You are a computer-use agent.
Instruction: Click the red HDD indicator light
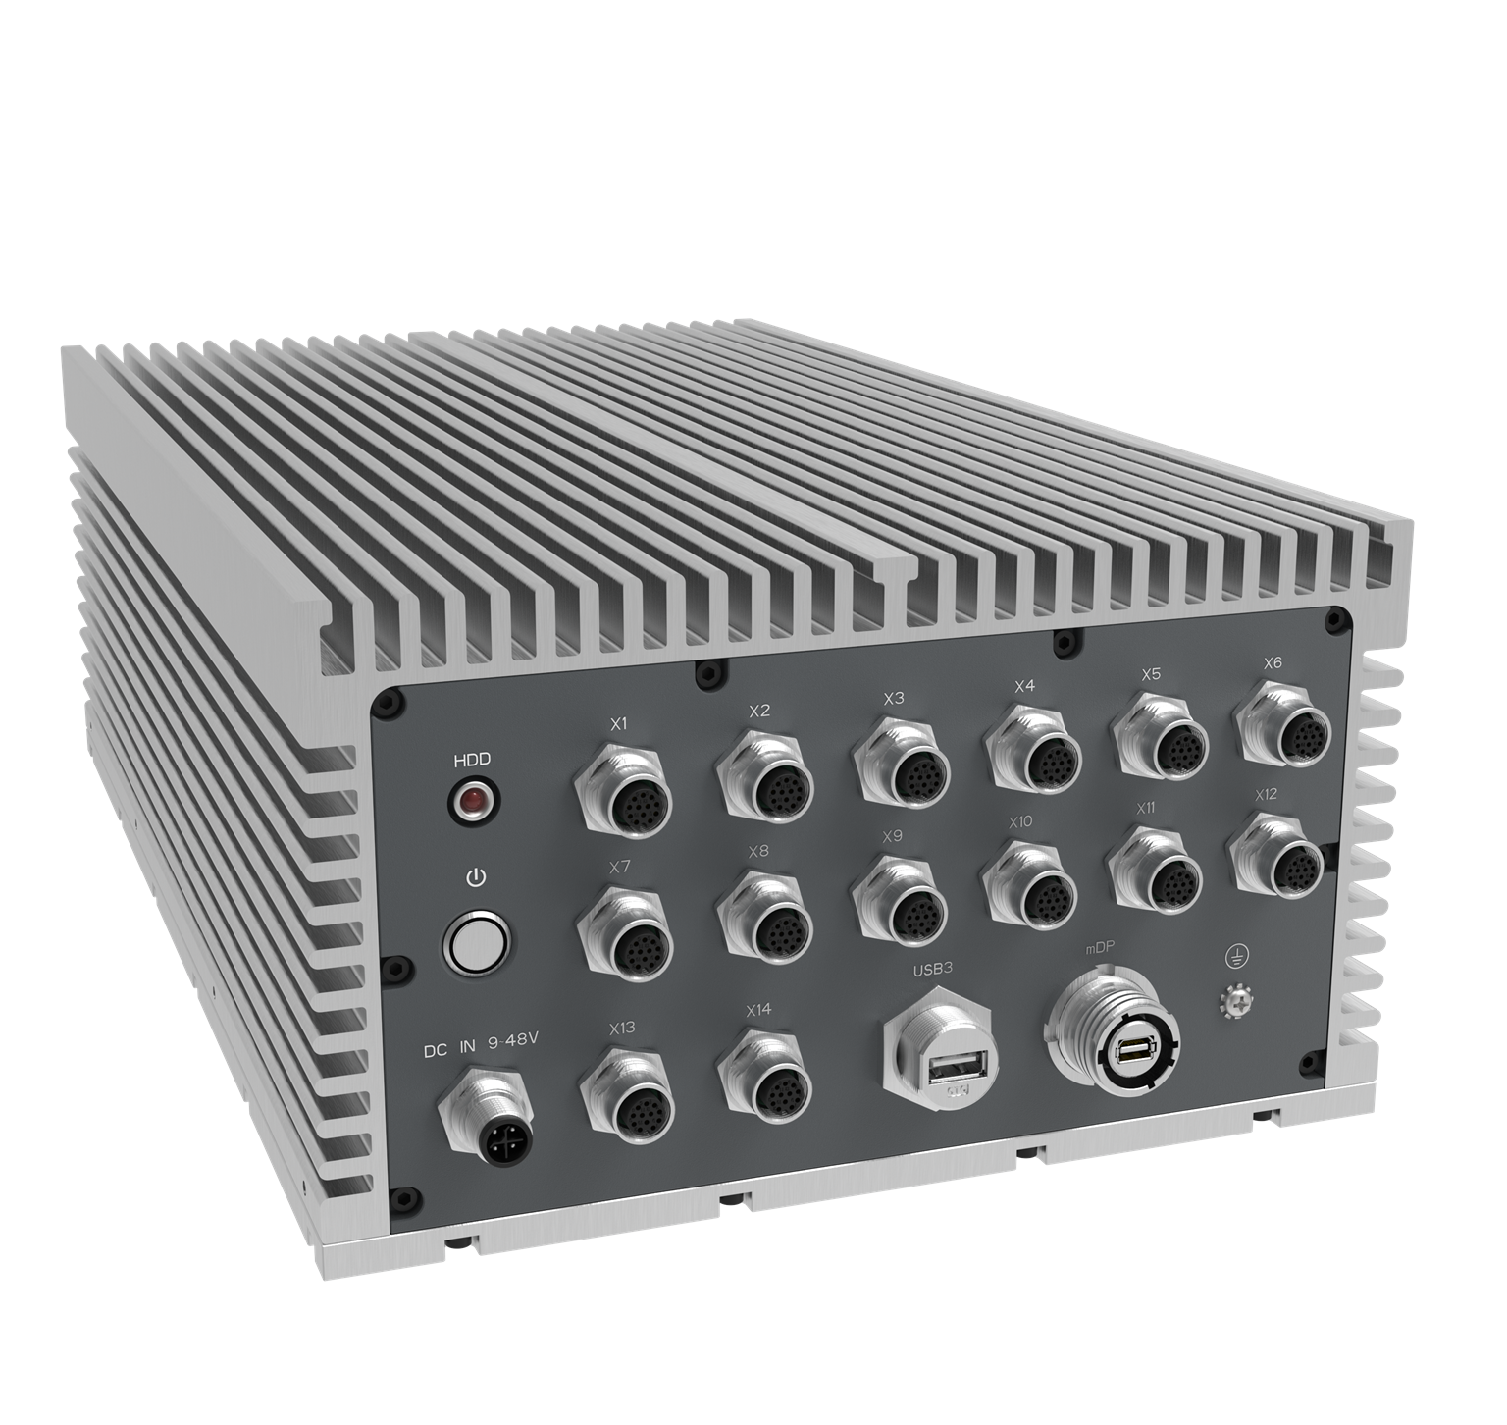click(473, 801)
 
